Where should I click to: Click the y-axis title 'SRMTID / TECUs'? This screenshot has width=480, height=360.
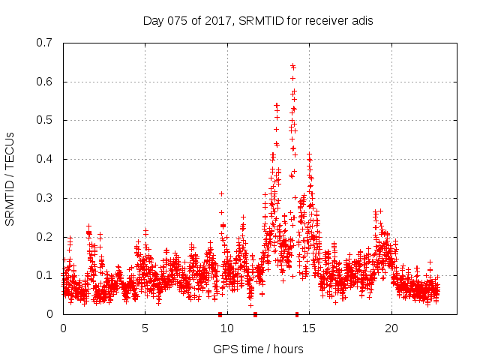[10, 178]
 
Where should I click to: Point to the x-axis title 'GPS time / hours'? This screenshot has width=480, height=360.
[258, 349]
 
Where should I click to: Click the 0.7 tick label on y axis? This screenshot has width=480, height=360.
[43, 43]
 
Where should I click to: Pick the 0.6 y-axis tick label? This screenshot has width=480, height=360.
[43, 82]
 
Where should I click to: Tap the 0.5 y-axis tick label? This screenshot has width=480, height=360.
[43, 120]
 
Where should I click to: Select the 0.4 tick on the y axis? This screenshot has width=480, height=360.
[43, 159]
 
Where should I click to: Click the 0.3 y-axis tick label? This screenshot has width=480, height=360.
[43, 198]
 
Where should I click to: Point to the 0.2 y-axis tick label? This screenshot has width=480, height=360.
[43, 237]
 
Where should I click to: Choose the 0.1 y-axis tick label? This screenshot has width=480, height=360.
[43, 275]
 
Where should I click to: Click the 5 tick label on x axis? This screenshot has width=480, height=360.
[145, 328]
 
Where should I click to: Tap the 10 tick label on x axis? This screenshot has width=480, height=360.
[227, 328]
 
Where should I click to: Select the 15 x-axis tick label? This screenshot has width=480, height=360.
[309, 328]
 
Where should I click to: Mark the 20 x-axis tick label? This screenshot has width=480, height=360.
[391, 328]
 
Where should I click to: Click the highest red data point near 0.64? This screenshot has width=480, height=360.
[292, 65]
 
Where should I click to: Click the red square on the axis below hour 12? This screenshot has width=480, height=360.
[256, 313]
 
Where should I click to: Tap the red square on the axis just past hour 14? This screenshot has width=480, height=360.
[297, 313]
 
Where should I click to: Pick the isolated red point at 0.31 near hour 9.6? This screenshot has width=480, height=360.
[221, 193]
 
